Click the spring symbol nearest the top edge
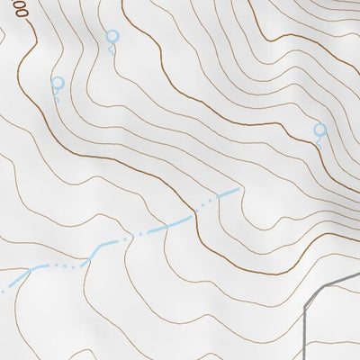[x=112, y=37]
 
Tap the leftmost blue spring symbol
[x=58, y=84]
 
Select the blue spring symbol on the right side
[x=319, y=130]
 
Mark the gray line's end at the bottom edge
[x=307, y=358]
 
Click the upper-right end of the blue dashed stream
[x=238, y=190]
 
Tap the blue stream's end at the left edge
[x=2, y=290]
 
